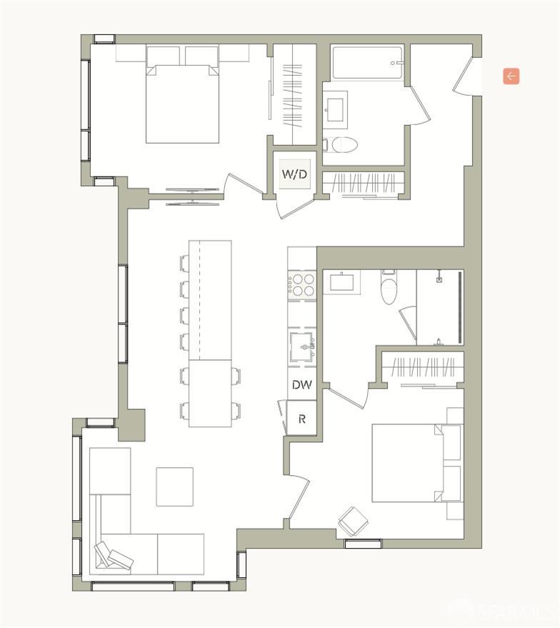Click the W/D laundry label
[294, 174]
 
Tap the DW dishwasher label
[301, 384]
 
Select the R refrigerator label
[301, 419]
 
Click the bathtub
[368, 63]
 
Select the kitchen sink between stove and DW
[302, 347]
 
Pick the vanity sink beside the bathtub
[334, 109]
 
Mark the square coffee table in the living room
[174, 487]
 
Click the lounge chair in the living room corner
[112, 556]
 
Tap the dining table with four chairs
[210, 393]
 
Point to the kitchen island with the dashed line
[210, 300]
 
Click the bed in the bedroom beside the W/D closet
[182, 100]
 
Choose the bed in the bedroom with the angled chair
[407, 463]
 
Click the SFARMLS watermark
[504, 611]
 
